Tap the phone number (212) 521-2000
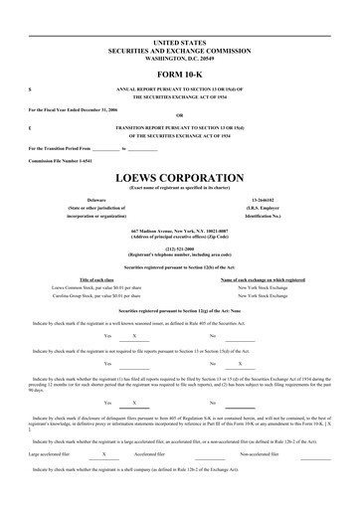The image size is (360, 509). pos(179,222)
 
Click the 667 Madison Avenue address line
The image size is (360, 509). pos(179,203)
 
